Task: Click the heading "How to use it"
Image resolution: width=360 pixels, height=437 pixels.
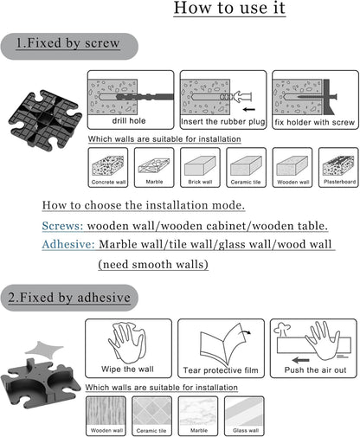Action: (x=229, y=8)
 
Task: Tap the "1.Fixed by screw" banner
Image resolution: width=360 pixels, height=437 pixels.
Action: (x=69, y=46)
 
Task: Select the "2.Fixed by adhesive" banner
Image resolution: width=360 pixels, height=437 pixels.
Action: (x=69, y=298)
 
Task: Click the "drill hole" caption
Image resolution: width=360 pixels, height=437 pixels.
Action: (x=129, y=120)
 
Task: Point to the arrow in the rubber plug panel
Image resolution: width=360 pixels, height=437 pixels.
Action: (x=248, y=109)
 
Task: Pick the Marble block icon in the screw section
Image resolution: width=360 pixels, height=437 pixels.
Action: (x=154, y=165)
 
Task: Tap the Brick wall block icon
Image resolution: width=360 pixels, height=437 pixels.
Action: (x=200, y=165)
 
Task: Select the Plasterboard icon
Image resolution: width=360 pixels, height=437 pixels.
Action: (x=338, y=165)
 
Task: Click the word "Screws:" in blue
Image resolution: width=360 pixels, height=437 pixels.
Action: (x=62, y=226)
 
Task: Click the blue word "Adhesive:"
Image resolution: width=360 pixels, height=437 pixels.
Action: (x=68, y=245)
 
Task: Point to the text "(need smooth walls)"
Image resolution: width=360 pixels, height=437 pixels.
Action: (x=153, y=264)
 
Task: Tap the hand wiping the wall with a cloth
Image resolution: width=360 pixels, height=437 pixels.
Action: (x=127, y=343)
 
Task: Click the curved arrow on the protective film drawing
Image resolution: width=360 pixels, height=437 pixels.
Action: (x=246, y=331)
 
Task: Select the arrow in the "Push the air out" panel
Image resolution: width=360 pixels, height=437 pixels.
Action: (x=300, y=360)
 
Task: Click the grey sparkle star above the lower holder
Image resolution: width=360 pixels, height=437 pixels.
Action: (x=44, y=349)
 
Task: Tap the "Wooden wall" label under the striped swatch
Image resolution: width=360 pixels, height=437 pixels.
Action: (x=106, y=430)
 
